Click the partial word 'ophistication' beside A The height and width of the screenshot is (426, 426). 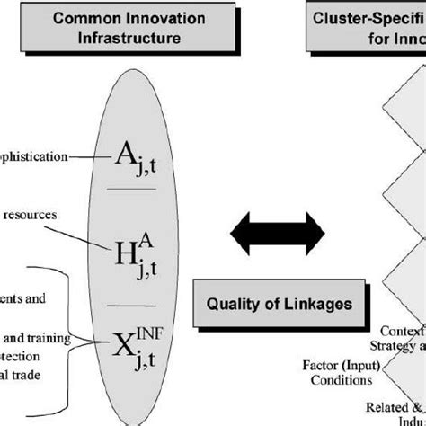coord(33,155)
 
